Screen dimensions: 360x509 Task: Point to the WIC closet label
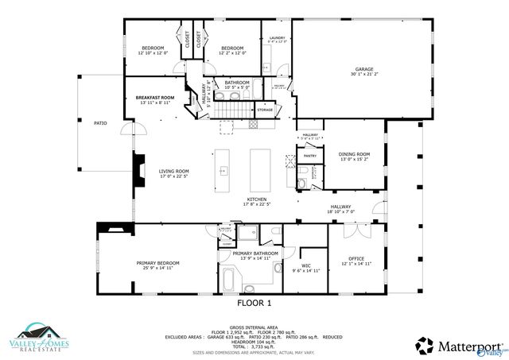pyautogui.click(x=305, y=265)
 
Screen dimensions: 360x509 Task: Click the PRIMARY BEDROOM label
pyautogui.click(x=157, y=263)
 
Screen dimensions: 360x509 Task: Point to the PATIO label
pyautogui.click(x=100, y=123)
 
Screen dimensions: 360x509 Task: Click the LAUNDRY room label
pyautogui.click(x=277, y=38)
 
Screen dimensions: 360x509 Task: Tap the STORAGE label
pyautogui.click(x=265, y=110)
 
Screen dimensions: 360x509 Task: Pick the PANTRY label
pyautogui.click(x=309, y=157)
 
